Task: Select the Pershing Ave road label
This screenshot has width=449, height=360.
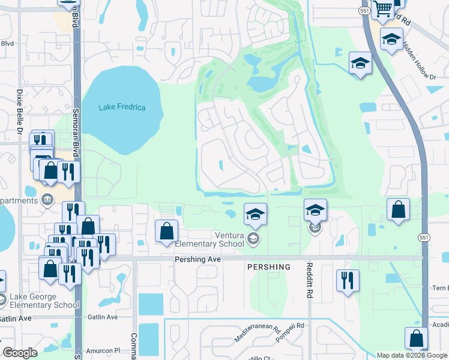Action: tap(198, 259)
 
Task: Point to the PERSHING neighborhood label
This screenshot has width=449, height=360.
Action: tap(268, 267)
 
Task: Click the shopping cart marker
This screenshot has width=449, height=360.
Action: tap(383, 9)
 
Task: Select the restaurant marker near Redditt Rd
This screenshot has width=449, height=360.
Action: tap(348, 280)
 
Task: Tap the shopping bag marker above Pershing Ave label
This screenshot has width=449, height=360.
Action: tap(167, 230)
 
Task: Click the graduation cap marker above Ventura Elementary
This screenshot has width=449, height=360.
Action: tap(255, 214)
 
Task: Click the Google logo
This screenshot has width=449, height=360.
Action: tap(20, 353)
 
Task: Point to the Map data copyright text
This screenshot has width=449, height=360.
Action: tap(412, 355)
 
